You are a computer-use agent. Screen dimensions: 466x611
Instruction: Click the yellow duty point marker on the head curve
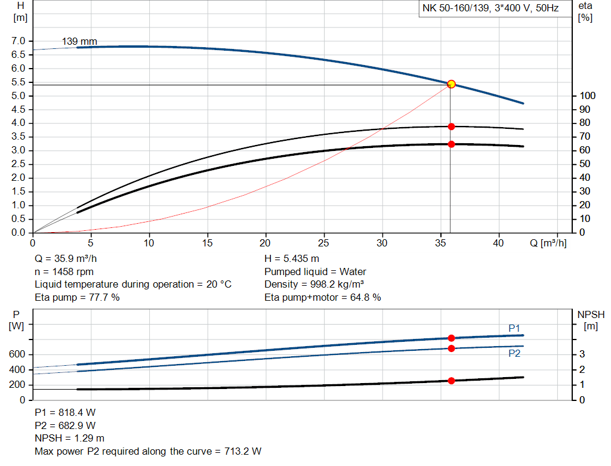point(451,84)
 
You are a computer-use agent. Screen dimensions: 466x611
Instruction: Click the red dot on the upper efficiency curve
point(451,126)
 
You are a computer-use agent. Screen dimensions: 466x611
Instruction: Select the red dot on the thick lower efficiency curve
point(451,144)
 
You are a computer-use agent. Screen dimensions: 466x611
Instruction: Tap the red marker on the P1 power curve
point(451,338)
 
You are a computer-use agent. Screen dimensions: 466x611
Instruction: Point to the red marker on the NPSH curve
point(451,381)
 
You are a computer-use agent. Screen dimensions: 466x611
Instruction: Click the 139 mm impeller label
point(79,42)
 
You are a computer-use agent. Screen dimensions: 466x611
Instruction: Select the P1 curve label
point(514,328)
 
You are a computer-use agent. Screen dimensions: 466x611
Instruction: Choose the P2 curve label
point(514,353)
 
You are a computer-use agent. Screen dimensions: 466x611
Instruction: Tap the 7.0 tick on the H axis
point(19,41)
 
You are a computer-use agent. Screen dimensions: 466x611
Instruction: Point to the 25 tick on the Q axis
point(324,243)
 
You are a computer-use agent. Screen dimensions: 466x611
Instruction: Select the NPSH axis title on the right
point(591,314)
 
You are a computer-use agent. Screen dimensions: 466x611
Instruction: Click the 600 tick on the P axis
point(17,355)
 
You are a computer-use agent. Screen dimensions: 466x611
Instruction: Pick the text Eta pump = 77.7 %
point(77,297)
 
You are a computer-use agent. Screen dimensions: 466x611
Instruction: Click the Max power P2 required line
point(148,451)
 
